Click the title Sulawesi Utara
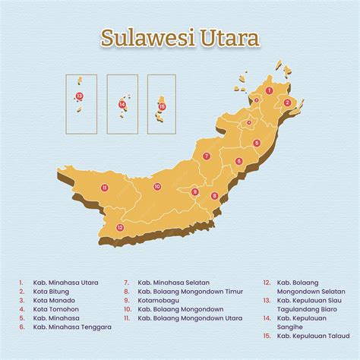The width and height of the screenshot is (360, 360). [180, 38]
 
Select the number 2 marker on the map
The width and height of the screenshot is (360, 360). [287, 103]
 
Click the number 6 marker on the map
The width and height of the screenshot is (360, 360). [238, 161]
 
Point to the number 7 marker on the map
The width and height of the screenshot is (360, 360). [206, 156]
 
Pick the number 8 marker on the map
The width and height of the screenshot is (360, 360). [214, 196]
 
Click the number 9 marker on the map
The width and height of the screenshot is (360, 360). [194, 191]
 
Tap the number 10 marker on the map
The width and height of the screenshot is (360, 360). [157, 186]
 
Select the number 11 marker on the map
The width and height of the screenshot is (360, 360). [105, 188]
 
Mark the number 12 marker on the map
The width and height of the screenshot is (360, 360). [119, 227]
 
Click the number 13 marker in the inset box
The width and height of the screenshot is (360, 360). [80, 96]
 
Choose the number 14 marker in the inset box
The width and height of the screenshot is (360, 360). [122, 104]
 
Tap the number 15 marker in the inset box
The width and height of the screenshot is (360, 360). [162, 106]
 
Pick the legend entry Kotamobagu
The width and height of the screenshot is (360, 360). [159, 300]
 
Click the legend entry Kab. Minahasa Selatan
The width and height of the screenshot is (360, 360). [173, 282]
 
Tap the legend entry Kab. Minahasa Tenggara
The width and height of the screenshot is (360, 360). [71, 327]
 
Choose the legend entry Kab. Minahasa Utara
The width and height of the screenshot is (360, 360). [66, 282]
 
